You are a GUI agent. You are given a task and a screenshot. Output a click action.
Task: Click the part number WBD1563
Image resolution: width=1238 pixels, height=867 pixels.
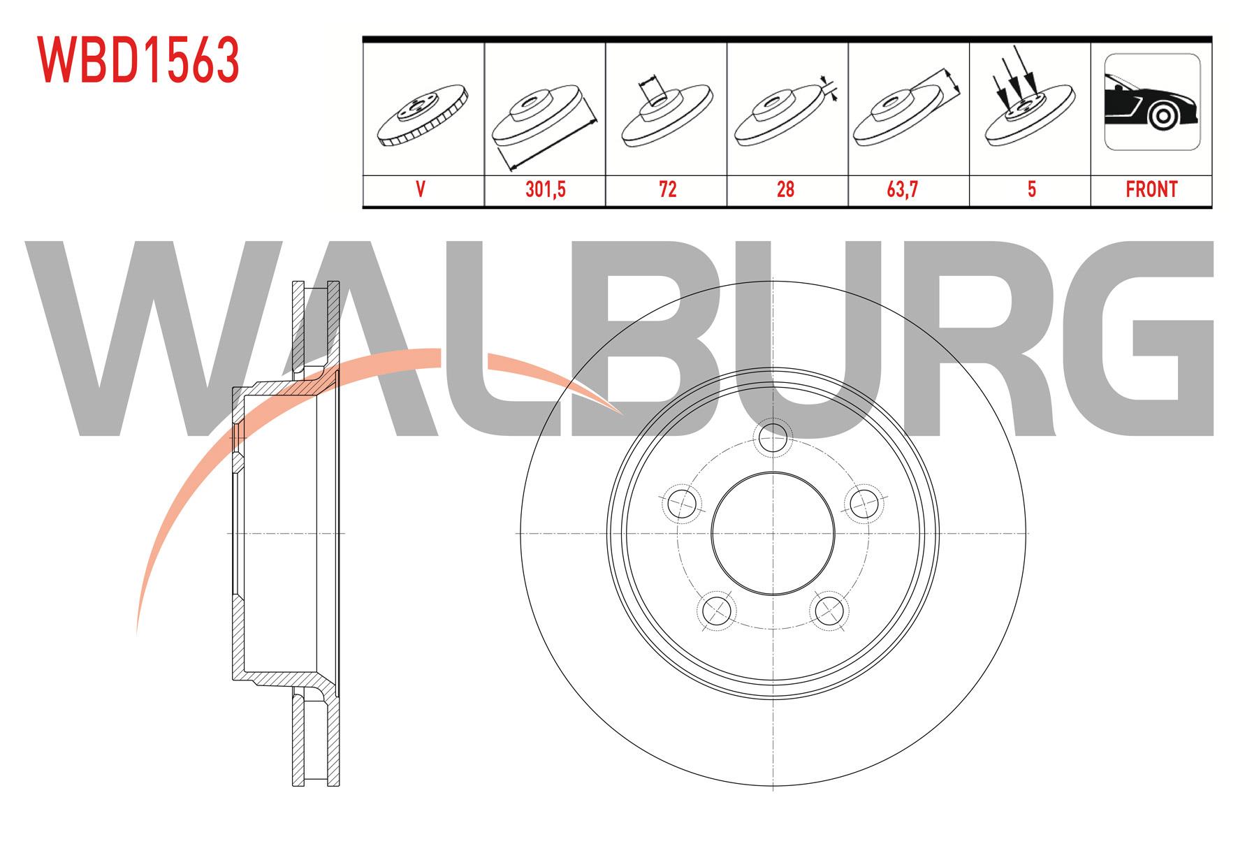[x=138, y=60]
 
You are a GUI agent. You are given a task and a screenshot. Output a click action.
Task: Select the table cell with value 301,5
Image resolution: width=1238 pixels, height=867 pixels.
[x=545, y=189]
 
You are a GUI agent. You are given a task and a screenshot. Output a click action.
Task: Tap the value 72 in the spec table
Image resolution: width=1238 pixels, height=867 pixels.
[x=667, y=189]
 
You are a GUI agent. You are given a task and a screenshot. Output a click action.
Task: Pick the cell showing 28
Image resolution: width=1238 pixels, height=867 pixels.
[x=786, y=189]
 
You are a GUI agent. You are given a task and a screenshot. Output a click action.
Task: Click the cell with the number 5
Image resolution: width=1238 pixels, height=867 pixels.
[x=1031, y=189]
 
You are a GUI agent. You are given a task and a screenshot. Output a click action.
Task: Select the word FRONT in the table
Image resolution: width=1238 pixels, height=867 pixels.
[x=1151, y=189]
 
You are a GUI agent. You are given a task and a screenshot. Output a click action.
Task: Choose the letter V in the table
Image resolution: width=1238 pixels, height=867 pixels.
[x=421, y=189]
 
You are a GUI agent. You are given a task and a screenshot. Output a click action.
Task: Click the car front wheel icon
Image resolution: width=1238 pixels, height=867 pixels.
[x=1152, y=102]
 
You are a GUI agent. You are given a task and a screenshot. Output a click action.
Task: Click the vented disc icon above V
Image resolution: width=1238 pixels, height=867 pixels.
[x=423, y=115]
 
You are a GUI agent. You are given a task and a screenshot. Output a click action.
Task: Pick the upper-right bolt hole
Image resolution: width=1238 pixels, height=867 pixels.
[x=864, y=502]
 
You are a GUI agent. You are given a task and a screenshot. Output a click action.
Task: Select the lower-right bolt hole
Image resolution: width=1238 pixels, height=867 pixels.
[x=829, y=610]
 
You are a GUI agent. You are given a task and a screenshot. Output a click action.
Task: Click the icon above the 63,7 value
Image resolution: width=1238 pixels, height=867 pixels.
[x=907, y=108]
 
